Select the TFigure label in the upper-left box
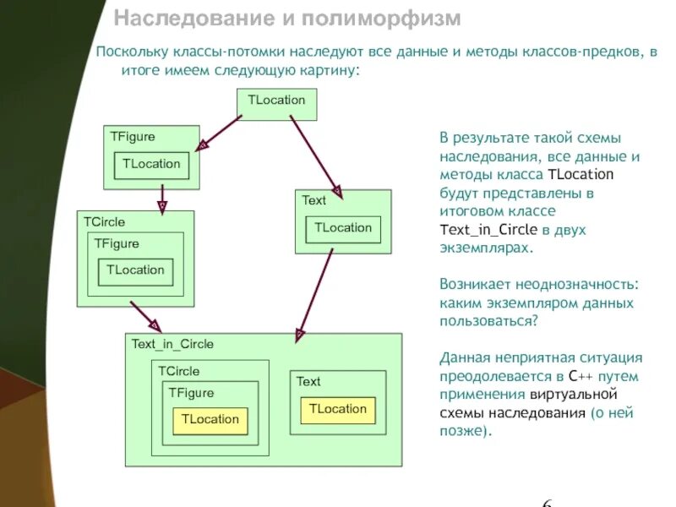[x=132, y=136]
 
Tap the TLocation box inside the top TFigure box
[x=151, y=164]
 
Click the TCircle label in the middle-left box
[x=104, y=221]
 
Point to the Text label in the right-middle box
[x=313, y=200]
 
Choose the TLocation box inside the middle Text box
[x=343, y=228]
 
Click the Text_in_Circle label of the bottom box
[x=172, y=344]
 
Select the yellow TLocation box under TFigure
[x=210, y=419]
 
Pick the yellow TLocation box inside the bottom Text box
[x=337, y=409]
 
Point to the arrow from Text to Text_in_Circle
[x=313, y=296]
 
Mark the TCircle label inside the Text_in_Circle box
[x=178, y=371]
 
